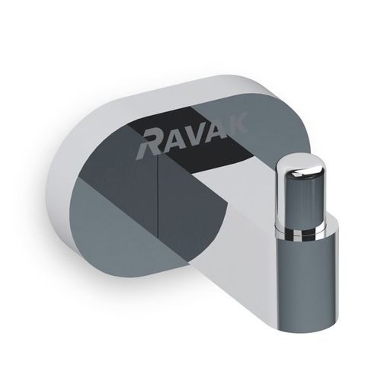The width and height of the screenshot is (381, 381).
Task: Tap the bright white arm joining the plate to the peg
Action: [x=236, y=244]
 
